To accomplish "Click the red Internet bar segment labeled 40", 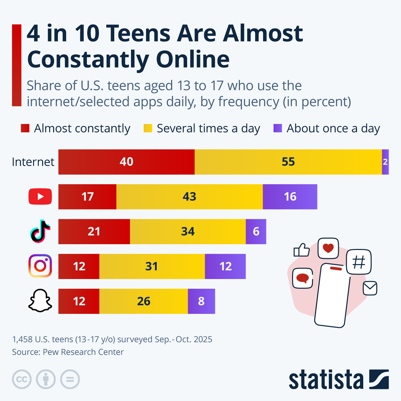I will [x=126, y=162].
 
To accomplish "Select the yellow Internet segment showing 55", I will [x=288, y=162].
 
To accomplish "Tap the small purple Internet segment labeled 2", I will [x=385, y=162].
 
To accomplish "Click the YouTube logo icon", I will [x=40, y=196].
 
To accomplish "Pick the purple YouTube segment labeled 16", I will [x=290, y=196].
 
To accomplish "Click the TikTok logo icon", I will [x=40, y=231].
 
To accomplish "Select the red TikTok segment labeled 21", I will [x=94, y=232].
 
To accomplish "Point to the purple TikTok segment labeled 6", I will [x=256, y=232].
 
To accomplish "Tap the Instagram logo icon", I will [x=40, y=266].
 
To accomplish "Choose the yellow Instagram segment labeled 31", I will [x=152, y=266].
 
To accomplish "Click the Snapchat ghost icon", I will [x=40, y=301].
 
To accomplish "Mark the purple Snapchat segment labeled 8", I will [x=201, y=301].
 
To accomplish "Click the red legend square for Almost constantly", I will [x=25, y=128].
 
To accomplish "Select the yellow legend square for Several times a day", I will [x=148, y=128].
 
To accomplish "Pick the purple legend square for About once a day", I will [x=278, y=128].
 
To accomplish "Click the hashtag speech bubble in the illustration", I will [x=359, y=262].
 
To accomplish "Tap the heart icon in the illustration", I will [x=328, y=248].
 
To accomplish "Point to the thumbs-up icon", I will [x=301, y=250].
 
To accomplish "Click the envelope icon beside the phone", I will [x=370, y=288].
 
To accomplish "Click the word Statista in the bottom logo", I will [x=326, y=380].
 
